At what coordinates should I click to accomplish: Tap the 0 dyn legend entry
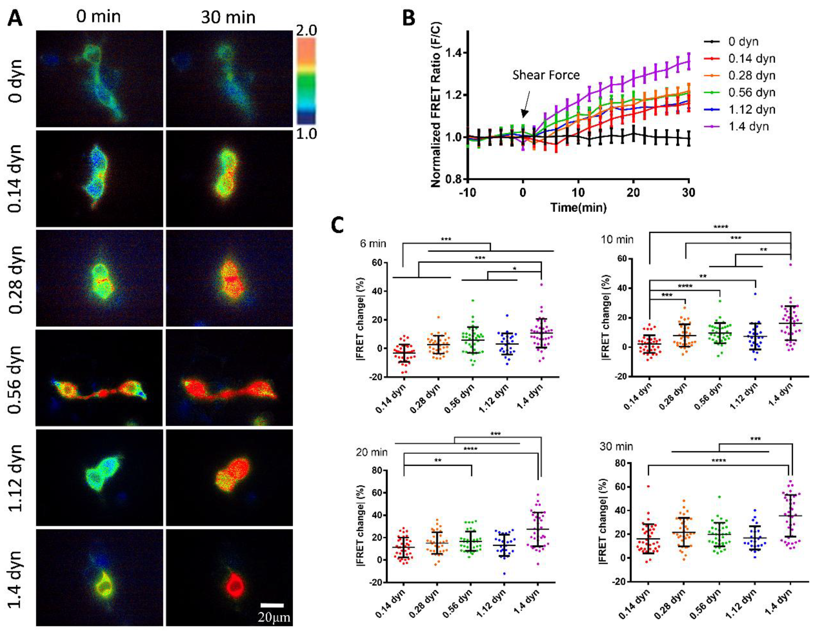pos(743,41)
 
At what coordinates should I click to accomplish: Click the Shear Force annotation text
pos(546,75)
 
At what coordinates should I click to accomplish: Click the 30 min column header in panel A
pos(228,17)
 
